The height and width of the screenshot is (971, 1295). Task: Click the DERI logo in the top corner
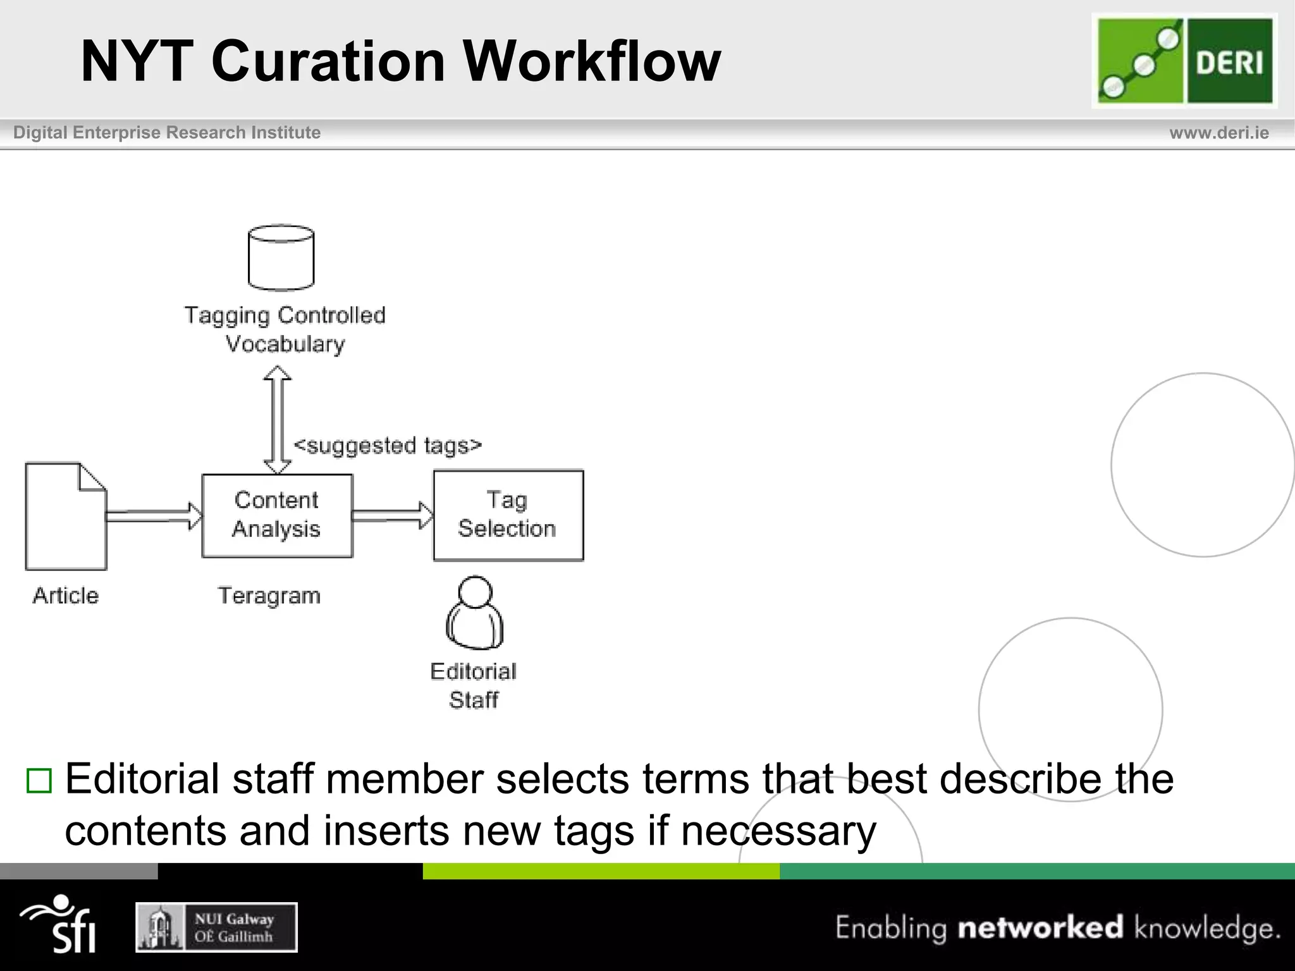tap(1184, 61)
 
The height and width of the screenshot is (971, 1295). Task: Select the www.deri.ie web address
tap(1218, 133)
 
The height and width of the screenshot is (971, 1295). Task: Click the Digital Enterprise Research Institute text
tap(167, 133)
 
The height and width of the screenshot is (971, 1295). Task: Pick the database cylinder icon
tap(281, 258)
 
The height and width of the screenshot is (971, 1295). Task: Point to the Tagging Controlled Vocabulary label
tap(285, 329)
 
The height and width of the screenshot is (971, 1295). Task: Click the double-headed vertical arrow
tap(277, 420)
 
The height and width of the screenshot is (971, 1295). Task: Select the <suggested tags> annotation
tap(388, 446)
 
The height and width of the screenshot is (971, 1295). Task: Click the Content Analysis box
tap(277, 515)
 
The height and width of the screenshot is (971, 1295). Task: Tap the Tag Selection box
tap(508, 515)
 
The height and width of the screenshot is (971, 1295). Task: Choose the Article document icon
tap(66, 516)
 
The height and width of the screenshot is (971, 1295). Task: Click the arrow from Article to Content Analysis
tap(154, 516)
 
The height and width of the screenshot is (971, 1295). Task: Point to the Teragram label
tap(269, 596)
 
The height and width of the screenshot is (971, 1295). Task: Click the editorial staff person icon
tap(474, 613)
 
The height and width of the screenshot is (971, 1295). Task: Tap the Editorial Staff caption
tap(474, 686)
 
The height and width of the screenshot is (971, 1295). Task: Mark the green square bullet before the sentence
tap(39, 781)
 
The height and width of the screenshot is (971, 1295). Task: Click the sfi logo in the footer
tap(60, 924)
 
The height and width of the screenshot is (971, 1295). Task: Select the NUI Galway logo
tap(216, 927)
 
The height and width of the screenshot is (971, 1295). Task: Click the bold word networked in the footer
tap(1040, 928)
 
